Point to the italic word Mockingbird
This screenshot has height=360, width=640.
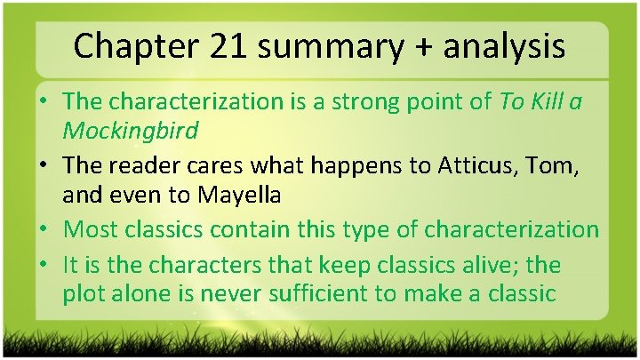[131, 131]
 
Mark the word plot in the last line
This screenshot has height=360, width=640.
[84, 293]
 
